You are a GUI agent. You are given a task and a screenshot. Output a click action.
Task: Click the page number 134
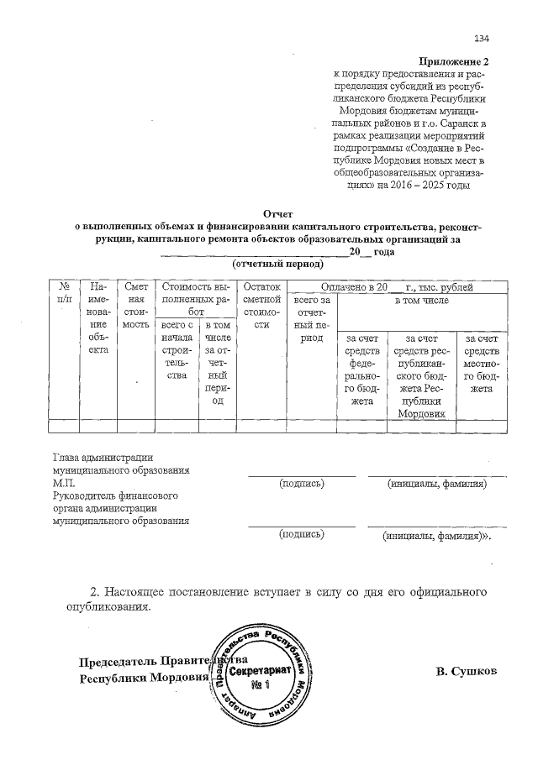pyautogui.click(x=482, y=39)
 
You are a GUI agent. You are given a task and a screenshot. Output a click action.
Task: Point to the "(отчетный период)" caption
pyautogui.click(x=277, y=264)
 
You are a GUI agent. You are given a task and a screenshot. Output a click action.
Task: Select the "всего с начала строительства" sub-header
pyautogui.click(x=177, y=349)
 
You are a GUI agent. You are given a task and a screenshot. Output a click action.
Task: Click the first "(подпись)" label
pyautogui.click(x=301, y=485)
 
